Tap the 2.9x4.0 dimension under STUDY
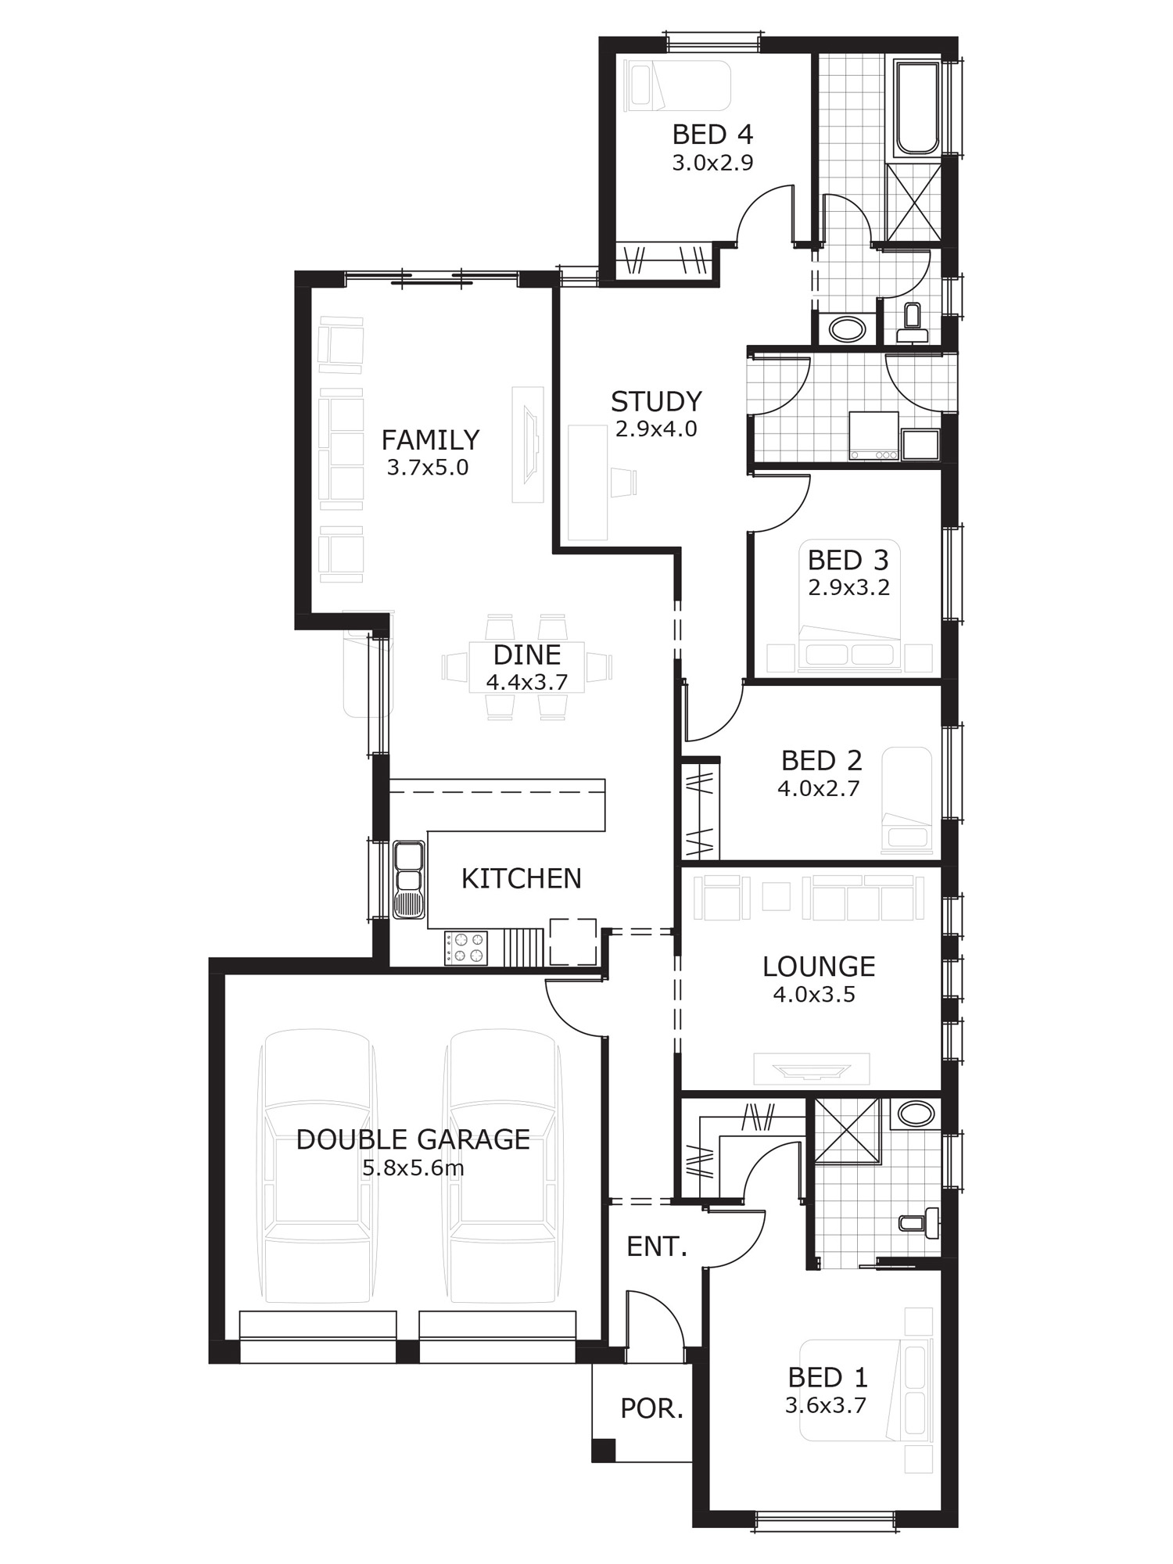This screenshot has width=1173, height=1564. (x=656, y=429)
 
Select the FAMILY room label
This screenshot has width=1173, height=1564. (x=430, y=439)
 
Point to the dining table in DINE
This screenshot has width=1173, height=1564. (x=526, y=667)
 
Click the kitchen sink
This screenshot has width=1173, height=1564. (x=408, y=880)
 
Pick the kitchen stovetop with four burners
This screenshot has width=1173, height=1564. (x=466, y=948)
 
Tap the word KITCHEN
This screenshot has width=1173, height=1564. (x=522, y=879)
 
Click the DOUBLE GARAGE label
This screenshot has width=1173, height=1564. (x=413, y=1139)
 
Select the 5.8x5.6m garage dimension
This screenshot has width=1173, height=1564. (x=413, y=1168)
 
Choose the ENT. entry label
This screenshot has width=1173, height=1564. (x=657, y=1247)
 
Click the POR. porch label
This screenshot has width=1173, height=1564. (x=651, y=1409)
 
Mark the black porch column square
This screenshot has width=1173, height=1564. (x=603, y=1451)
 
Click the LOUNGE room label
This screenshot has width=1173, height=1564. (x=819, y=967)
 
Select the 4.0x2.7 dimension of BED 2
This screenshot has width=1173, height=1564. (x=819, y=788)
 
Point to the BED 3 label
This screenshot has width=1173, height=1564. (x=848, y=560)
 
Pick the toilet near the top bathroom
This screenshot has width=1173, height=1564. (x=912, y=322)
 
